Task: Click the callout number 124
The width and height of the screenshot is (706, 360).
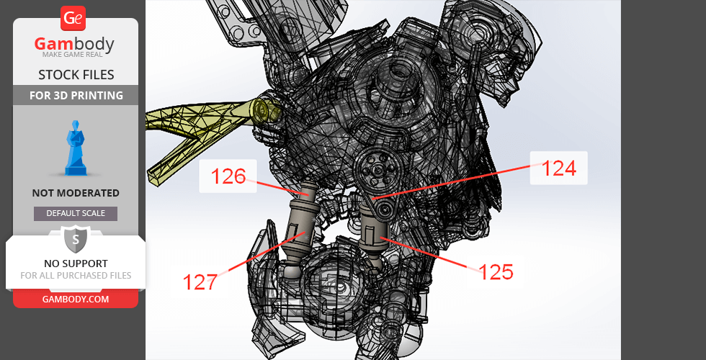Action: [559, 168]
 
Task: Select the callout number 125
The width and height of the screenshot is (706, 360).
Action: [496, 272]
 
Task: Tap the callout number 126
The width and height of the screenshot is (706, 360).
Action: [228, 176]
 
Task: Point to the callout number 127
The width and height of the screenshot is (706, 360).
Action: [200, 282]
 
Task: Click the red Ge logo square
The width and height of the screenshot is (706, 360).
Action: [73, 19]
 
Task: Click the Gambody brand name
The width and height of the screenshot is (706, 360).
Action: [74, 44]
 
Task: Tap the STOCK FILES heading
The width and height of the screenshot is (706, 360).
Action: [76, 75]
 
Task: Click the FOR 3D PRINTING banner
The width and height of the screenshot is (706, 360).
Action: [76, 95]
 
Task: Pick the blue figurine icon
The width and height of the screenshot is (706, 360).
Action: [76, 148]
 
